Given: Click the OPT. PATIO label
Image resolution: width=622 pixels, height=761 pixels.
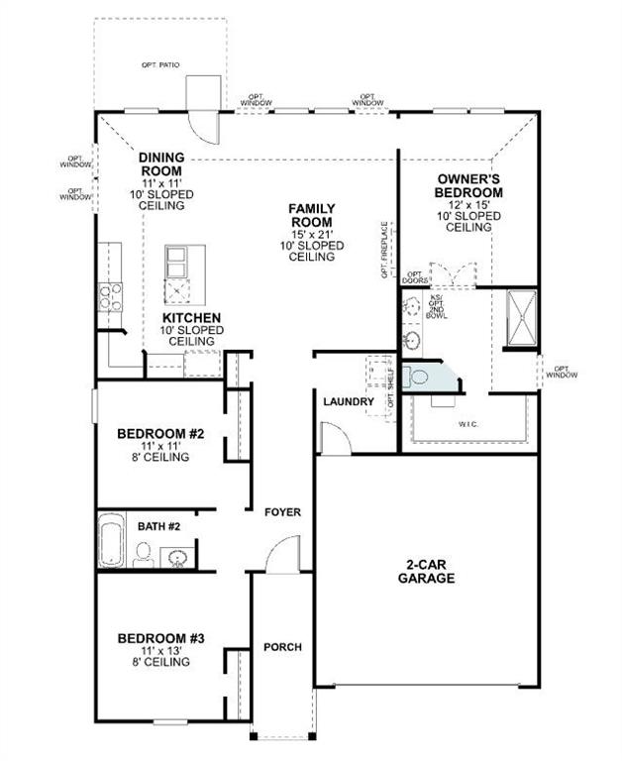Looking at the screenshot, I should (x=165, y=65).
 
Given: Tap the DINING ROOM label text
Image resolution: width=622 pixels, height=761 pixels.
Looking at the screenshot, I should (x=161, y=163).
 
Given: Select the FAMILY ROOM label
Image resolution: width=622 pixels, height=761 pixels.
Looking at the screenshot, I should (x=311, y=215).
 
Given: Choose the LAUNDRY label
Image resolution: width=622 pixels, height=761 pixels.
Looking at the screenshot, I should (x=348, y=401).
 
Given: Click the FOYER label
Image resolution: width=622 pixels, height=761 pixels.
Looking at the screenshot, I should (x=281, y=512).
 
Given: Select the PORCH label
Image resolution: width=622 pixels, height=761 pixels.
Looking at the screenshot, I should (x=281, y=647).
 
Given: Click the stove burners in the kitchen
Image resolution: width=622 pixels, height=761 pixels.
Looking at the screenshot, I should (x=108, y=294).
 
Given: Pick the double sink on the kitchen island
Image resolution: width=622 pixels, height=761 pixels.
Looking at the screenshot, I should (x=179, y=264).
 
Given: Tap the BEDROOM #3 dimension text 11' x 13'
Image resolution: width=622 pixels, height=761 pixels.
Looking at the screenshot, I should (x=160, y=650).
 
